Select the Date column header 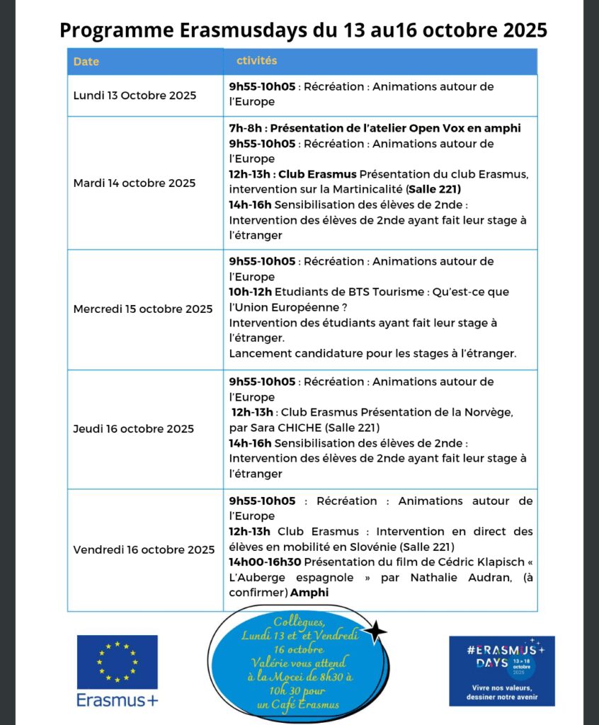[x=86, y=62]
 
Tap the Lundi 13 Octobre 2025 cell [x=135, y=95]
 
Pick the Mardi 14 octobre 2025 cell [x=135, y=183]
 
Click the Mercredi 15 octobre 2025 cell [x=143, y=309]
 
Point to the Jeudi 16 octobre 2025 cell [x=134, y=428]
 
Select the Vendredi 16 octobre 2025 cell [x=144, y=549]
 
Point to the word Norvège [x=484, y=412]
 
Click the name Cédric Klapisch [x=475, y=561]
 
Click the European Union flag [x=117, y=661]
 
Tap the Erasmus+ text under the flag [x=118, y=700]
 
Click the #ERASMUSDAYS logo [x=501, y=670]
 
